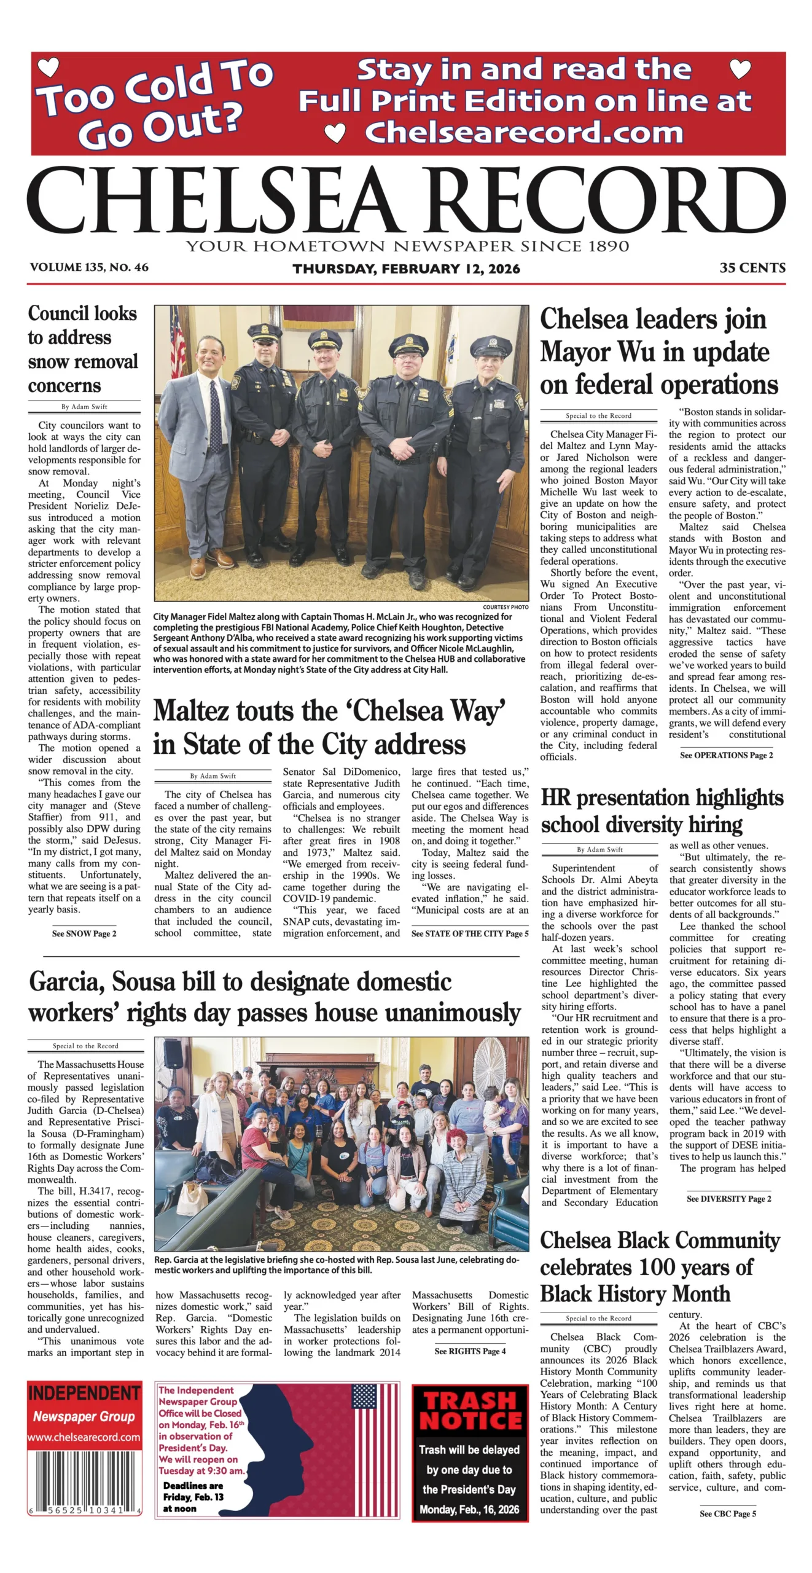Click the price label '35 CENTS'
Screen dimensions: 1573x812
point(752,268)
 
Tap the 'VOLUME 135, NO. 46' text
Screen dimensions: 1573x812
point(89,267)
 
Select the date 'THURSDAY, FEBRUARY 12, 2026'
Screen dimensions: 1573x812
point(406,269)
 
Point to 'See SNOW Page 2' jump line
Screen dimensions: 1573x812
point(84,933)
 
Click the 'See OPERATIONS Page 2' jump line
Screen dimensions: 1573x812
point(726,755)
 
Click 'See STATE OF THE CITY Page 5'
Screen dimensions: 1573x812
point(469,933)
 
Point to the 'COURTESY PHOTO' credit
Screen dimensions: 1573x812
point(506,607)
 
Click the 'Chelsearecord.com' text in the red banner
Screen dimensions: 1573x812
point(523,132)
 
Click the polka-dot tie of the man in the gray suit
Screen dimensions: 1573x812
point(216,415)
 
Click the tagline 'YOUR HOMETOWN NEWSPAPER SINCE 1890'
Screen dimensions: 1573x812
point(407,246)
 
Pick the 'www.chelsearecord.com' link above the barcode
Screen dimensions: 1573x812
point(84,1437)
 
